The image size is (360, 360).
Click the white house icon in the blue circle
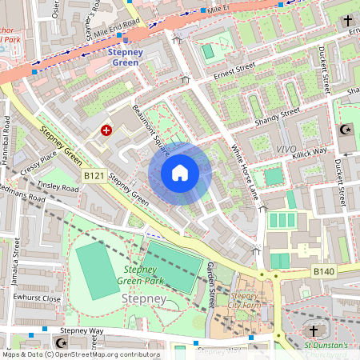pos(180,173)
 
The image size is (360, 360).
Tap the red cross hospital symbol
pos(106,130)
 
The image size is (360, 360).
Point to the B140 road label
pos(325,272)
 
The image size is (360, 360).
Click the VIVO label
pos(286,149)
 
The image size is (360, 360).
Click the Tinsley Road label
pos(59,187)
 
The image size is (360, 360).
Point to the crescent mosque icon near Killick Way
pos(346,129)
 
